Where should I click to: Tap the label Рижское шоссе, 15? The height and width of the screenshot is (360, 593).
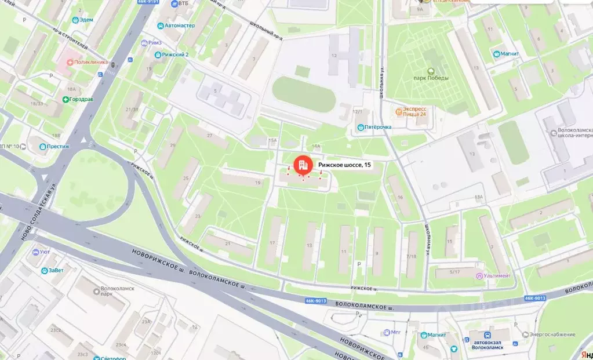[x=344, y=165]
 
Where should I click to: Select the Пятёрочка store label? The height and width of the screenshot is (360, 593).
[x=374, y=127]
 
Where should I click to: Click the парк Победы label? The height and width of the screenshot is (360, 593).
[x=431, y=78]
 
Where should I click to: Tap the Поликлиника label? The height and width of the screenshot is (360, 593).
[x=87, y=62]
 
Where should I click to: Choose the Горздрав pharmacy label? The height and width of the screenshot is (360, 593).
[x=78, y=99]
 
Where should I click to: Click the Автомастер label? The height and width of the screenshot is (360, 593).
[x=179, y=26]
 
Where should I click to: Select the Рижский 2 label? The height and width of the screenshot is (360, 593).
[x=175, y=55]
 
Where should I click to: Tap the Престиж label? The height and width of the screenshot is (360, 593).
[x=58, y=147]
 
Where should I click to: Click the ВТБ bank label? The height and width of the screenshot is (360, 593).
[x=183, y=3]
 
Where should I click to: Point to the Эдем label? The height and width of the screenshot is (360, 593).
[x=85, y=20]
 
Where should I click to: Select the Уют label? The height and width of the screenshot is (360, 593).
[x=45, y=252]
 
